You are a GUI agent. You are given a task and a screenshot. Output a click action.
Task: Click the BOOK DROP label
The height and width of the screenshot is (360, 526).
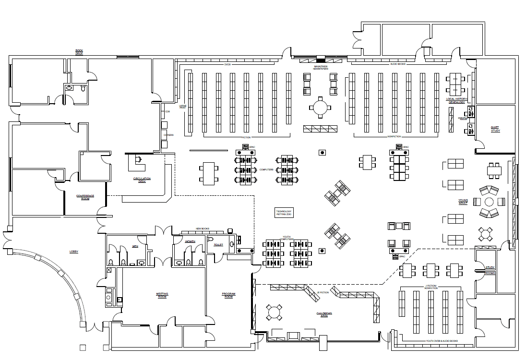(79, 52)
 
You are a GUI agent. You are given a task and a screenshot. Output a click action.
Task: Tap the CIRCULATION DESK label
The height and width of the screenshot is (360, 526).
(142, 180)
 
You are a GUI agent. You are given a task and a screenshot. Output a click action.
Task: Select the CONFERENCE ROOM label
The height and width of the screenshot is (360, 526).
(85, 197)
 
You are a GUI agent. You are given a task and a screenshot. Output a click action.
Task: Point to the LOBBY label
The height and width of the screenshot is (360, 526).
(73, 252)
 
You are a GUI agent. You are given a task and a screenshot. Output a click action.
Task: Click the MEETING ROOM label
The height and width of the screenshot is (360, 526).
(162, 295)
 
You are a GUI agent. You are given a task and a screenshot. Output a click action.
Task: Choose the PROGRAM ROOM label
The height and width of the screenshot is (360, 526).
(228, 295)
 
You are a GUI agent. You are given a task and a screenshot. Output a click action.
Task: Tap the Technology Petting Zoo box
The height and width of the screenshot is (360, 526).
(284, 213)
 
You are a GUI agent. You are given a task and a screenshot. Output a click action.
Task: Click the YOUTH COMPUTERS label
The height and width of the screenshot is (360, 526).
(287, 238)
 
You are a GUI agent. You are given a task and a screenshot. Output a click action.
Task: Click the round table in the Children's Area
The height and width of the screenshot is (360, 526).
(274, 312)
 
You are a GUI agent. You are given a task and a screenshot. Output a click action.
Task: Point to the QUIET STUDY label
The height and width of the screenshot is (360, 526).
(495, 129)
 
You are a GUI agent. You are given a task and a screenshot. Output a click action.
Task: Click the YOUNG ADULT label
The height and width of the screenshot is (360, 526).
(463, 202)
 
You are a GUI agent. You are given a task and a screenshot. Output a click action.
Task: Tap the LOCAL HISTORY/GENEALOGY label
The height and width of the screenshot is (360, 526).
(456, 100)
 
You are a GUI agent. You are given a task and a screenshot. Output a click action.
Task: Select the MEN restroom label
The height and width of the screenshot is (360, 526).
(135, 247)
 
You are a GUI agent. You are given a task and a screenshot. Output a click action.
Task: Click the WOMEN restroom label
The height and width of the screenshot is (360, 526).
(190, 241)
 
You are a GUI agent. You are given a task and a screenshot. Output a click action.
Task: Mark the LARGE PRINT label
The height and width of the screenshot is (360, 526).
(182, 107)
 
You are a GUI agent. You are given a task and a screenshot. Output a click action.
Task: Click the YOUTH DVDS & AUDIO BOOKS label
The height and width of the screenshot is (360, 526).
(442, 341)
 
